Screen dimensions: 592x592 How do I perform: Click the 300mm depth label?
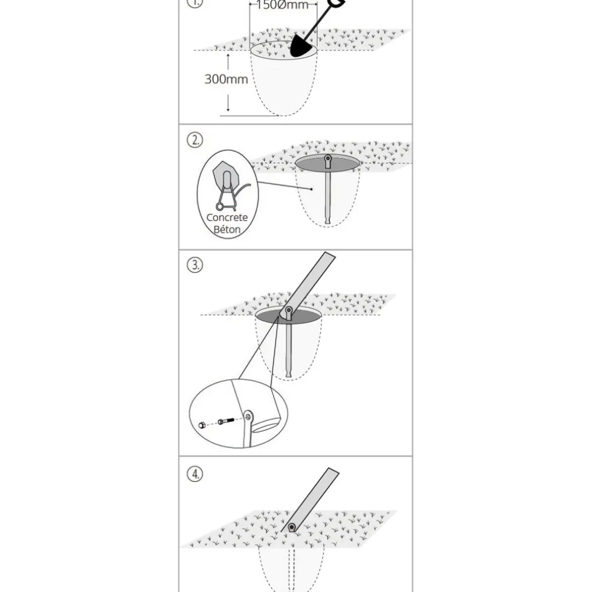click(x=226, y=79)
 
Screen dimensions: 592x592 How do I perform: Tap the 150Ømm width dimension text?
click(x=283, y=5)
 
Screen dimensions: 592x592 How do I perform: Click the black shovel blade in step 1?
click(x=303, y=47)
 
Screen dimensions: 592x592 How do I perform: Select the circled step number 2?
click(x=195, y=140)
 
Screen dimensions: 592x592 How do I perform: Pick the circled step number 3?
click(x=195, y=265)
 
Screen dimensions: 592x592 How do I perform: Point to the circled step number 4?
click(x=195, y=474)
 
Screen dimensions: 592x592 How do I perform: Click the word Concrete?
click(x=227, y=217)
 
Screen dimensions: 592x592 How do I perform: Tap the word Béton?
click(x=227, y=229)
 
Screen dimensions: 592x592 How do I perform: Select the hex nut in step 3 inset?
click(x=202, y=425)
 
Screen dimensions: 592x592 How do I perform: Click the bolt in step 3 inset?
click(x=225, y=420)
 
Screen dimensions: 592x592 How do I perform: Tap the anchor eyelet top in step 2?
click(x=327, y=158)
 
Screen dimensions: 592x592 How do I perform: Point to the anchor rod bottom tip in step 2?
click(x=327, y=222)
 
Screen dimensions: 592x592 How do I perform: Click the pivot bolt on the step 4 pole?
click(x=292, y=527)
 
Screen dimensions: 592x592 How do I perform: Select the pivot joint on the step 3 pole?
click(x=289, y=310)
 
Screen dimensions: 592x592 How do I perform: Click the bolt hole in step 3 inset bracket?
click(x=248, y=417)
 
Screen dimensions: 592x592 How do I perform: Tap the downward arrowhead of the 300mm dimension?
click(x=228, y=109)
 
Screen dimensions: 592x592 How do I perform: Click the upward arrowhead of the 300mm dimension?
click(x=228, y=56)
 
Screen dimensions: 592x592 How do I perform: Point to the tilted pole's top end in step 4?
click(x=333, y=471)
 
